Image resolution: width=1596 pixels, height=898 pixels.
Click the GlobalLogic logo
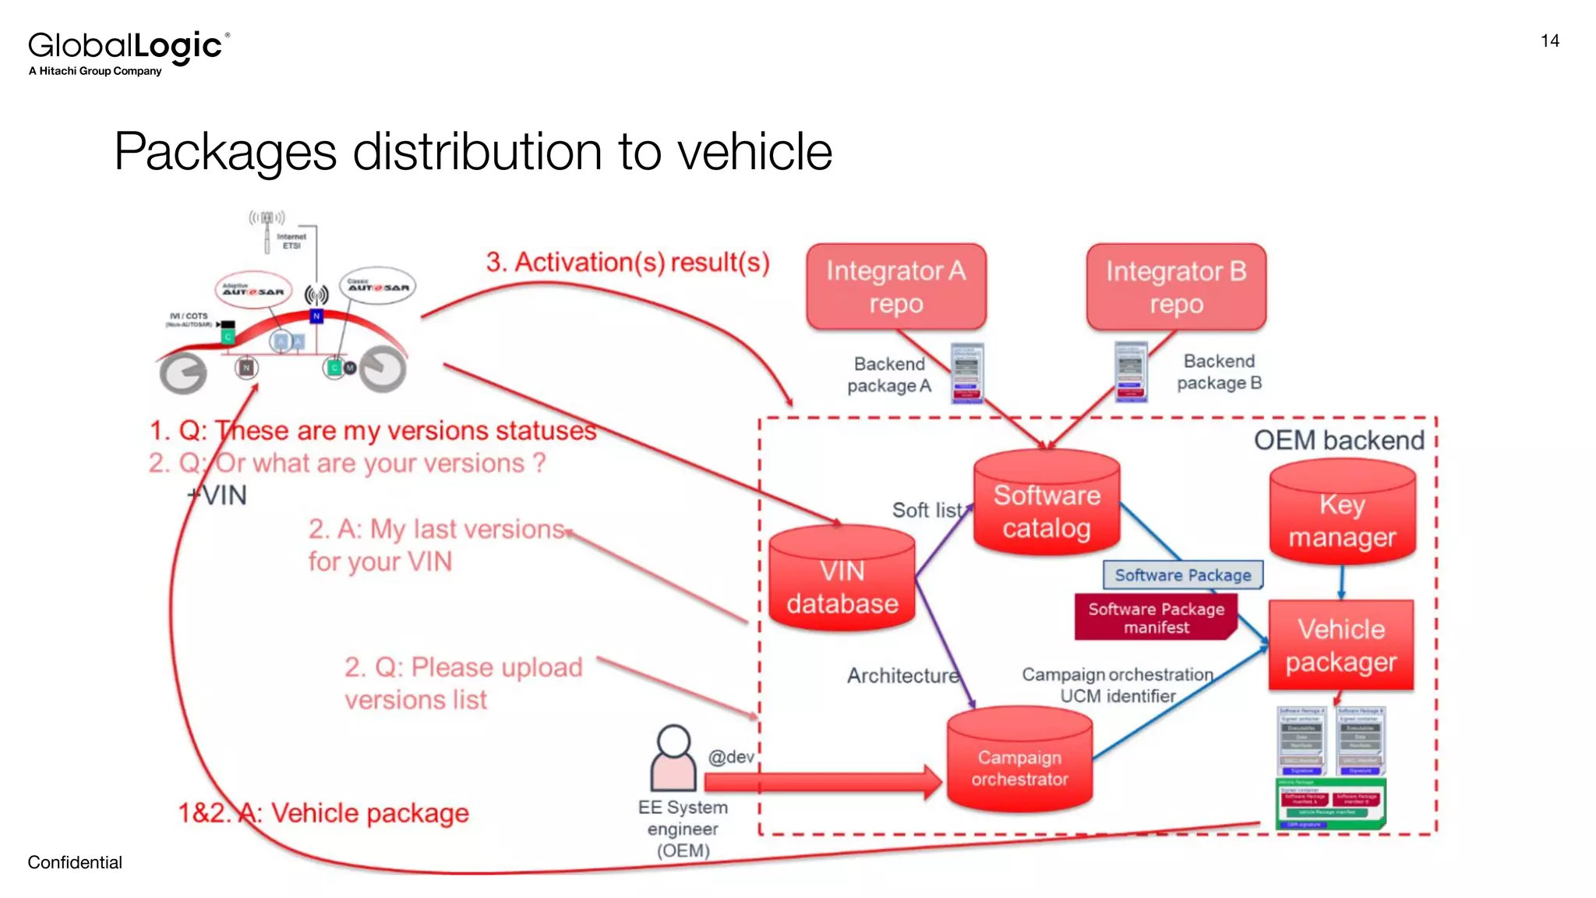tap(129, 51)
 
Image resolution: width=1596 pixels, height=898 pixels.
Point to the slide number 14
tap(1549, 41)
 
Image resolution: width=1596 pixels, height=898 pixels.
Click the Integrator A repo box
tap(895, 287)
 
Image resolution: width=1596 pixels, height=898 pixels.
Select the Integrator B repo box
tap(1175, 287)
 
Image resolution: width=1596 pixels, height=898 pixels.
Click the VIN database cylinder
tap(842, 582)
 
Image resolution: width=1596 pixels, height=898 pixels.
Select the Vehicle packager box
tap(1340, 645)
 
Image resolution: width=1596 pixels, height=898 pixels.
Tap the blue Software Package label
tap(1182, 575)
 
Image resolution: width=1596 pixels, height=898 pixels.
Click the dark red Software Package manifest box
tap(1156, 617)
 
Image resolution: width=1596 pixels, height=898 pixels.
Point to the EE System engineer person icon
tap(673, 758)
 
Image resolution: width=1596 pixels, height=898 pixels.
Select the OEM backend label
tap(1338, 440)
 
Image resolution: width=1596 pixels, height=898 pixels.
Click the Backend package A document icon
tap(967, 373)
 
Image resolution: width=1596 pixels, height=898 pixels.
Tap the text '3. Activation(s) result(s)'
tap(627, 263)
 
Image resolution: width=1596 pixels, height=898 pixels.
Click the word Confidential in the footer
tap(75, 862)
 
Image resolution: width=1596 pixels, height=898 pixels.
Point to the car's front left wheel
tap(184, 373)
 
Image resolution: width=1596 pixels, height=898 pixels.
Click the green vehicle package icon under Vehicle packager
tap(1331, 803)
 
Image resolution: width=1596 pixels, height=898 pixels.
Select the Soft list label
tap(927, 511)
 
